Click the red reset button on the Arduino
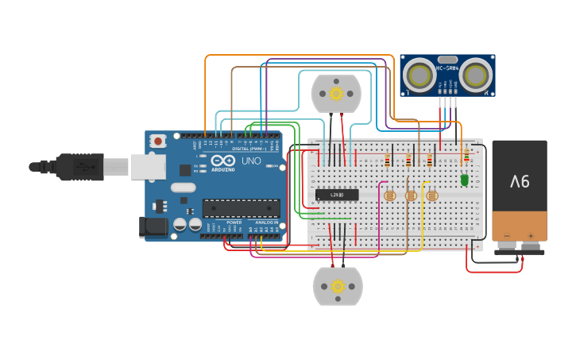click(159, 141)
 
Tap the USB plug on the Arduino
click(79, 167)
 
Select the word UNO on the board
click(251, 161)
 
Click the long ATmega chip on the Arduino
click(241, 208)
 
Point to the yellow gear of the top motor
click(335, 94)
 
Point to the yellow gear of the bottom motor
click(338, 286)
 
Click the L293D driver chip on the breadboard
click(337, 195)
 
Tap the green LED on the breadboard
click(465, 180)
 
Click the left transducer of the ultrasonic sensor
click(419, 75)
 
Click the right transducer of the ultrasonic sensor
click(477, 75)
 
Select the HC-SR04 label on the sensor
click(447, 68)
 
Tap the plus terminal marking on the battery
click(531, 236)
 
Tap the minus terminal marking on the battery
click(507, 236)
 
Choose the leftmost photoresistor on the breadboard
click(389, 195)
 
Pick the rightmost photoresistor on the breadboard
click(431, 195)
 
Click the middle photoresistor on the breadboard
click(410, 195)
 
